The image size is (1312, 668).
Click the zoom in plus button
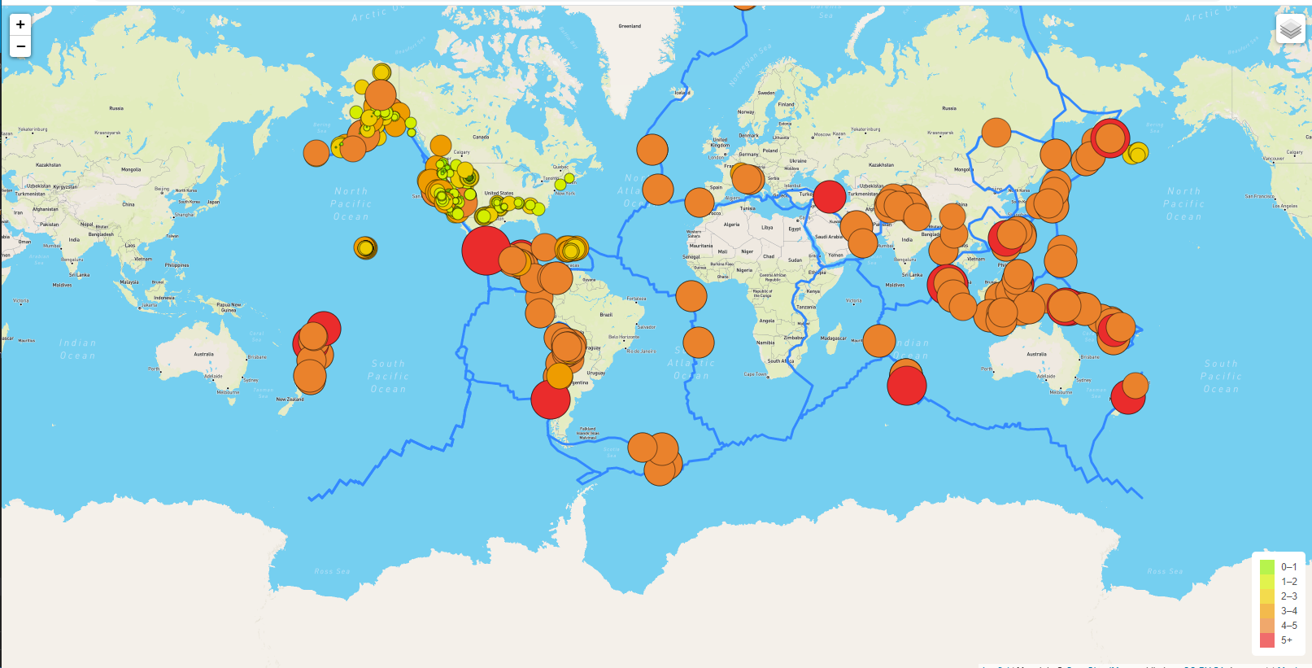click(20, 25)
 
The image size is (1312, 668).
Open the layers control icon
click(1290, 30)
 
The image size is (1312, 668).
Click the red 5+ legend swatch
click(1266, 640)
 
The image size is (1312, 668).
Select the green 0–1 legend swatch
click(1266, 567)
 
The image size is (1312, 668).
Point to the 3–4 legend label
click(1288, 611)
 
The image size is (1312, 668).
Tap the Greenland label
click(630, 26)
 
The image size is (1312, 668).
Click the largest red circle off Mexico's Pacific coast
click(486, 250)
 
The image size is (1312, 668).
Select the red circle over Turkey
click(830, 197)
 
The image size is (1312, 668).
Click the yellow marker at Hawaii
click(365, 247)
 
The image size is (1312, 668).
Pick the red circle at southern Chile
click(550, 399)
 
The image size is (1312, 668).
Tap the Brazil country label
click(606, 315)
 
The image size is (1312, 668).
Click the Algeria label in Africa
click(732, 225)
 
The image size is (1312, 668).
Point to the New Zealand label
click(290, 399)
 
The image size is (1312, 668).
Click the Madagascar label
click(833, 338)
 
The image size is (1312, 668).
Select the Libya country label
click(767, 228)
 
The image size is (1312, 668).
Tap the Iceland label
click(682, 93)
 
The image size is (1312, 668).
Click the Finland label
click(786, 104)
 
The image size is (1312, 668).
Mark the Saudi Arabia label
click(829, 237)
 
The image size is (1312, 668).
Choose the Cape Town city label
click(755, 374)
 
